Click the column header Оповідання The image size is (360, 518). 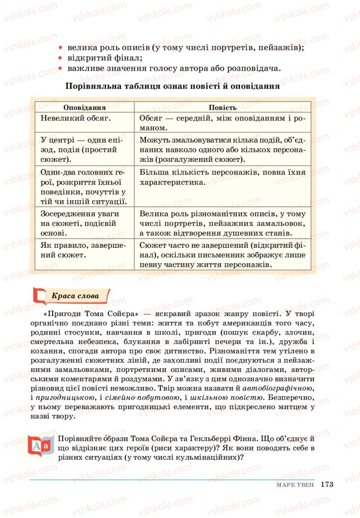85,108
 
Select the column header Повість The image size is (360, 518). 222,108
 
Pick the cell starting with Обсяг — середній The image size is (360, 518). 222,123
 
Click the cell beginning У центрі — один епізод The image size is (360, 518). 85,150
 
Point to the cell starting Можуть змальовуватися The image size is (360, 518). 222,150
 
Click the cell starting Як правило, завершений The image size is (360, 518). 85,250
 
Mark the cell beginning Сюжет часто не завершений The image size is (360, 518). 222,255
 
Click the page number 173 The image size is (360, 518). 327,485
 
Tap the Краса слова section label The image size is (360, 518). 75,296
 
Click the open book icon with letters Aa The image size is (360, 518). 42,446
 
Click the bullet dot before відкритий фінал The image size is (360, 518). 60,58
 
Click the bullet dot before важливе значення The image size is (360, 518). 60,69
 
